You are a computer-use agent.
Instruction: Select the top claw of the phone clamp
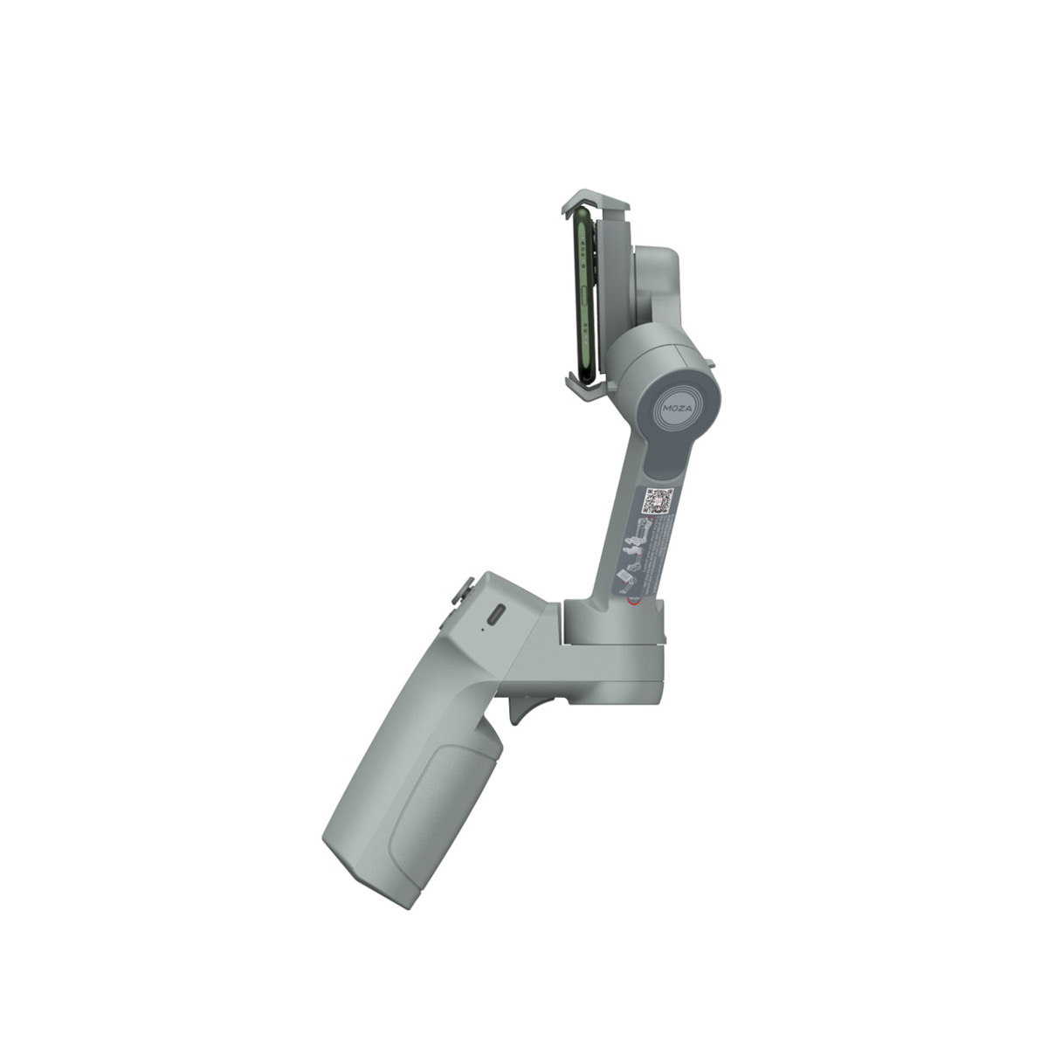tap(596, 202)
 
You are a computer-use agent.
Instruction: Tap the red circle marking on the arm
tap(634, 601)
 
